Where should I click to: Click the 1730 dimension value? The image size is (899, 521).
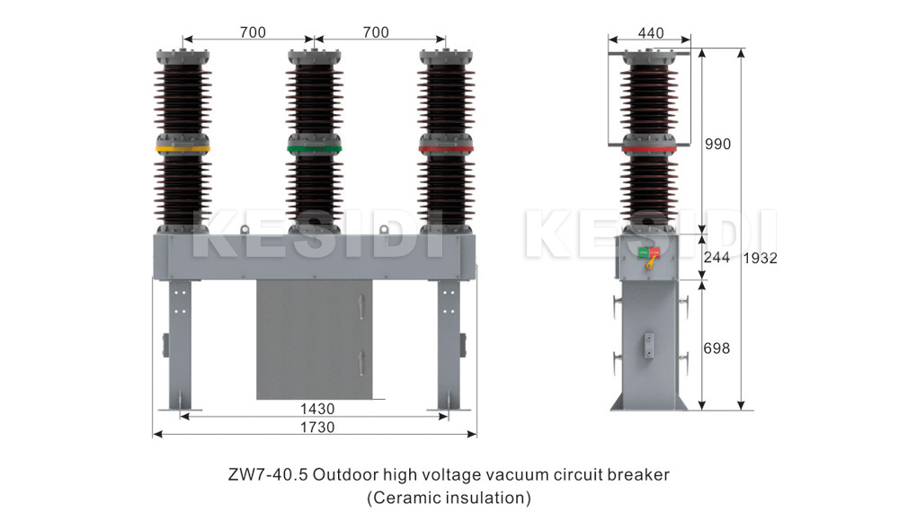(315, 428)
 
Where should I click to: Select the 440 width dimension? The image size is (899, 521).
(650, 33)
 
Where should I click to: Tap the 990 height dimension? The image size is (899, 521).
(717, 144)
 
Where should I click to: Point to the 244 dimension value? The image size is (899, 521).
(717, 257)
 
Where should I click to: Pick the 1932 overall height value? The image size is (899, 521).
(761, 257)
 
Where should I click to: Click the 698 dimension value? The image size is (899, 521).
(717, 348)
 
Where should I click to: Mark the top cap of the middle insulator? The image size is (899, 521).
(315, 57)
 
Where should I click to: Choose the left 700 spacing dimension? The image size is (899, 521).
(252, 32)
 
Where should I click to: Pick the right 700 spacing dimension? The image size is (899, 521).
(376, 32)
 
